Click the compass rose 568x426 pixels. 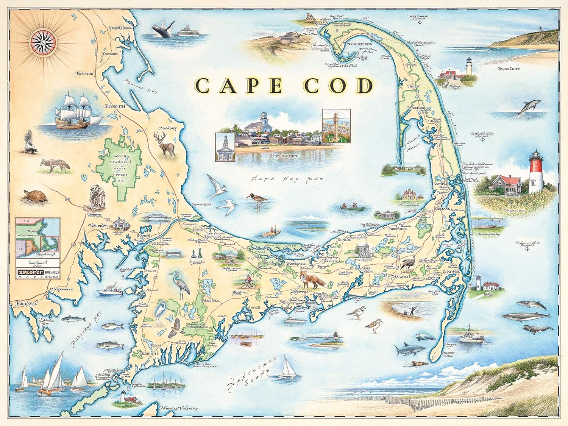42,41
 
